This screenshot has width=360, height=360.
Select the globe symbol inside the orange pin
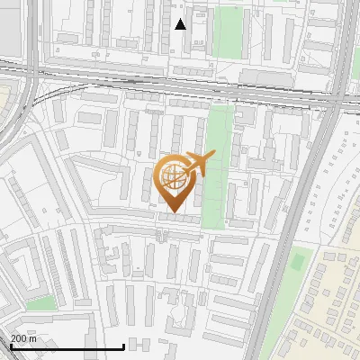[174, 177]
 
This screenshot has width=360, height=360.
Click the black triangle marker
[181, 24]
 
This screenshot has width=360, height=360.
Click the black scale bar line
[67, 346]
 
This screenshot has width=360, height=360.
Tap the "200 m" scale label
[24, 338]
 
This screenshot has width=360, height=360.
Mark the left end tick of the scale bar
[11, 346]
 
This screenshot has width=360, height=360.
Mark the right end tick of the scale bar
[123, 346]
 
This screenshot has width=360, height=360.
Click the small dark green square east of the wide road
[297, 262]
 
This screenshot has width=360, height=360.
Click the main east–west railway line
[180, 79]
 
